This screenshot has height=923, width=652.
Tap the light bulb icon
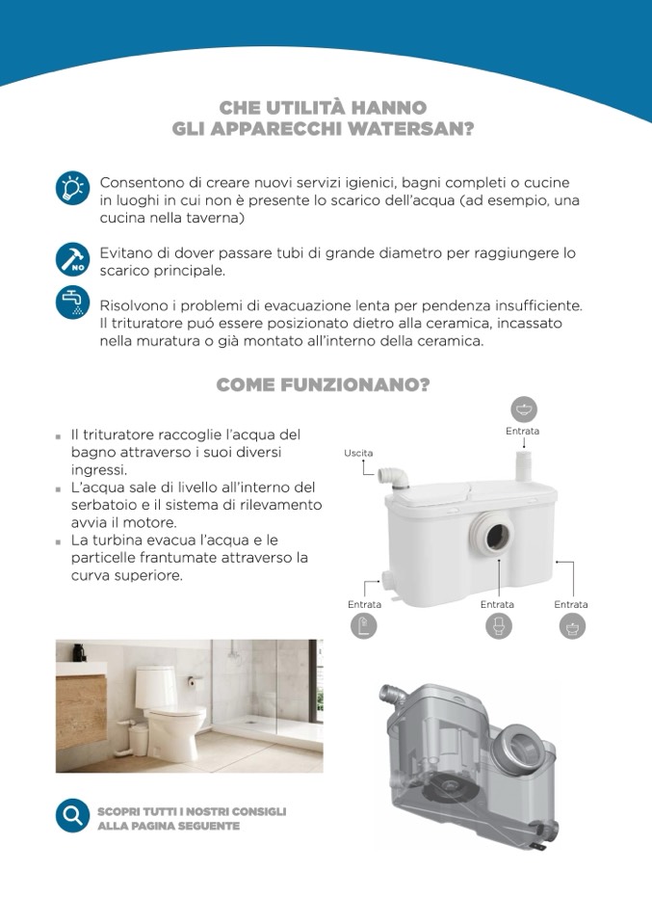coord(72,189)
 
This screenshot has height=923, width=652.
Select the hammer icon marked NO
coord(72,259)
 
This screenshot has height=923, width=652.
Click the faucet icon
coord(72,303)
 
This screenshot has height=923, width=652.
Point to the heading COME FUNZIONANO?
coord(323,384)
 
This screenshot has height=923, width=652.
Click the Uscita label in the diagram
coord(358,453)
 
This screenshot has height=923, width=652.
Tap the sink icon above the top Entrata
coord(523,409)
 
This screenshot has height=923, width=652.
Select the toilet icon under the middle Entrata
coord(499,625)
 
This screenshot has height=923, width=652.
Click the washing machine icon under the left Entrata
coord(364,625)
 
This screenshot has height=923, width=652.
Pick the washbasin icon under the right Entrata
coord(572,625)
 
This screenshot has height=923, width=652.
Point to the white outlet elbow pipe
coord(394,477)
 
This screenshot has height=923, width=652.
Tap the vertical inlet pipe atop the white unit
coord(524,465)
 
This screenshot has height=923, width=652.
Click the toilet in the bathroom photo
coord(171,712)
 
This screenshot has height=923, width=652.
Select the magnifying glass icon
coord(72,816)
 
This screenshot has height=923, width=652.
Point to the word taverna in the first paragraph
coord(213,218)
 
